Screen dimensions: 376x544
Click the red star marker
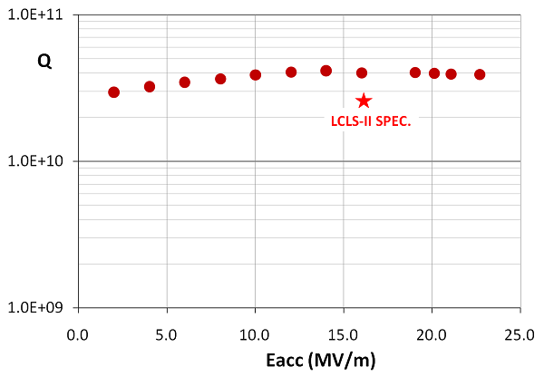(x=364, y=101)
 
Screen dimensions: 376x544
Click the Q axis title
(x=44, y=62)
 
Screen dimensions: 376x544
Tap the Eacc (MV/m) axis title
(x=298, y=359)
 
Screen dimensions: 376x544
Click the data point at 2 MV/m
(x=113, y=92)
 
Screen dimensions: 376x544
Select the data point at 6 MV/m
(x=184, y=82)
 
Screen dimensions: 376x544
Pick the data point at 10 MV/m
(x=256, y=75)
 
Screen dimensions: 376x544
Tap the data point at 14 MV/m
(x=326, y=71)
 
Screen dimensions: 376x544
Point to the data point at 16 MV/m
(x=362, y=72)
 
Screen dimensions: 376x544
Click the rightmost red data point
(x=480, y=74)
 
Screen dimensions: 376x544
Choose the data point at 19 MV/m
(x=415, y=72)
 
